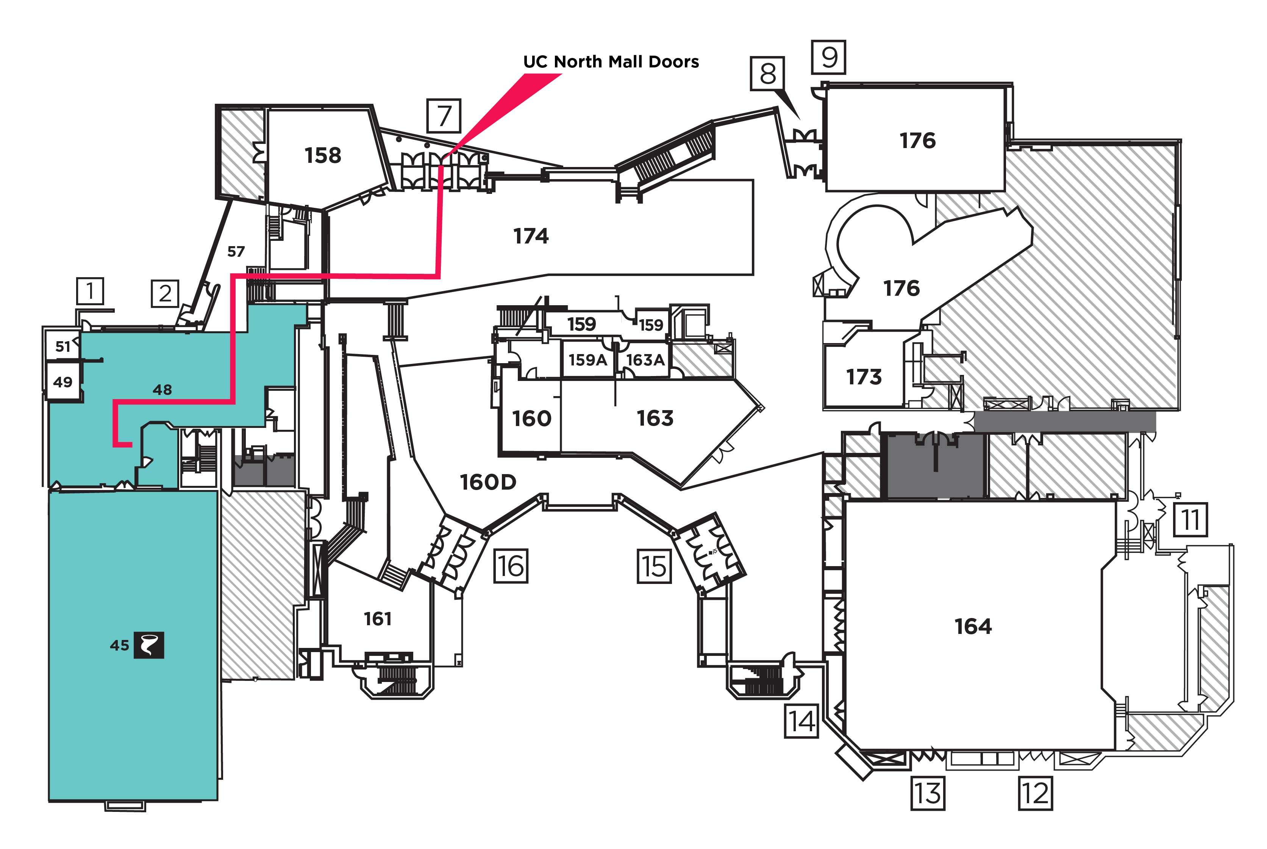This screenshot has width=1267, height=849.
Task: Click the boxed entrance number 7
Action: pos(444,116)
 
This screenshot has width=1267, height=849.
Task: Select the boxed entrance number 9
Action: pos(828,57)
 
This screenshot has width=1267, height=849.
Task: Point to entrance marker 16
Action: pos(511,567)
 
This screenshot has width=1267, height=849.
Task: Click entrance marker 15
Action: pos(654,567)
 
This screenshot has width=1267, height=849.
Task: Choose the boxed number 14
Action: pos(801,721)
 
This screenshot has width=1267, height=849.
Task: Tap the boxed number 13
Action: pos(928,793)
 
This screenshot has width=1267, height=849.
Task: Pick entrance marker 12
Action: pos(1035,793)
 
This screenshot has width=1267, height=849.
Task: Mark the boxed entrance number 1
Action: pos(90,291)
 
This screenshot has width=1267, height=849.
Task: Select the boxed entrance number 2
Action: pos(165,293)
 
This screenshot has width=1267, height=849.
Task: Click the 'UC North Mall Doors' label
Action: pos(611,62)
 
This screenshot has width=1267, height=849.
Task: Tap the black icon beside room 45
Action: pos(149,645)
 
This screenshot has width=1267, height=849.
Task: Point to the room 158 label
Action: pos(323,155)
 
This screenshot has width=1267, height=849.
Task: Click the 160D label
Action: pos(488,482)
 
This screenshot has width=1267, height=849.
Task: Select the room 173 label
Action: pos(864,376)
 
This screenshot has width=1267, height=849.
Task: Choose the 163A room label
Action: pos(645,359)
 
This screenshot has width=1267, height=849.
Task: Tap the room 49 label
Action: pos(63,382)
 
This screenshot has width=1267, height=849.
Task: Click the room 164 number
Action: pos(973,626)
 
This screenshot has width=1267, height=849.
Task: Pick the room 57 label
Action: pos(236,251)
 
